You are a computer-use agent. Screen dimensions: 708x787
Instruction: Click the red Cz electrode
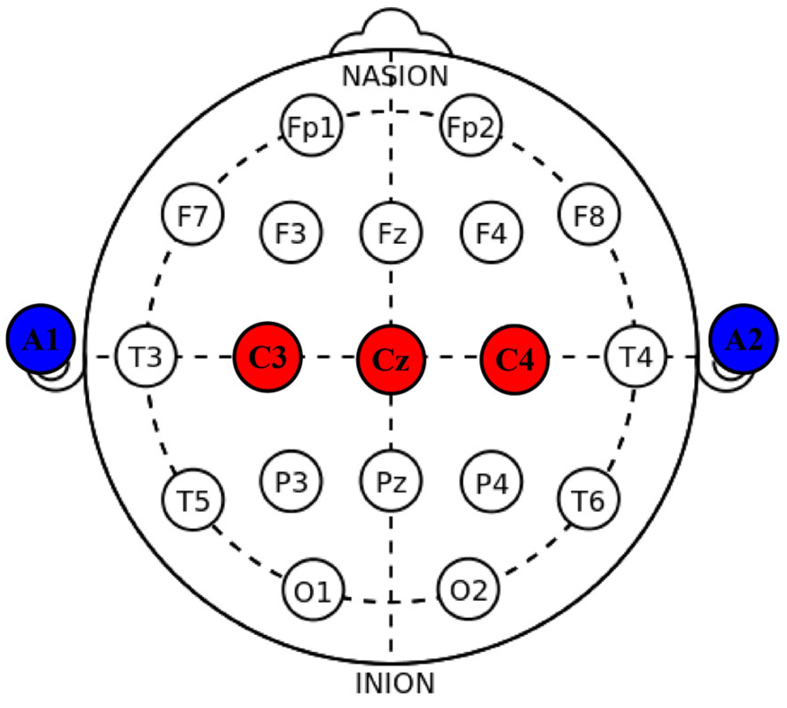(391, 359)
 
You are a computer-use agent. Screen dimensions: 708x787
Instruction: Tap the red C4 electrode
(515, 359)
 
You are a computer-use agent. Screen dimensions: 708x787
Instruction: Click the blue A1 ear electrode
(41, 339)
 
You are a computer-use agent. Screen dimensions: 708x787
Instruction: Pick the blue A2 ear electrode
(743, 339)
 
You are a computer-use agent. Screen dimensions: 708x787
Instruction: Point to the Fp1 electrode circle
(312, 126)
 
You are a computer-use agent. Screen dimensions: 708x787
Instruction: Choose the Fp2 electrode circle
(471, 126)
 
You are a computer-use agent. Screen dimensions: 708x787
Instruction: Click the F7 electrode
(193, 215)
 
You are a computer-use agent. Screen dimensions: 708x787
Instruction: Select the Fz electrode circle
(391, 233)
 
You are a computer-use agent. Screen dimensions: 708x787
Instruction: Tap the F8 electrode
(589, 215)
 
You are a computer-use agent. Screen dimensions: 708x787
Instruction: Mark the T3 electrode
(146, 356)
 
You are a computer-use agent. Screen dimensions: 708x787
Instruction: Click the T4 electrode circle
(636, 356)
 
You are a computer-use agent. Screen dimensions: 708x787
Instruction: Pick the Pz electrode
(391, 481)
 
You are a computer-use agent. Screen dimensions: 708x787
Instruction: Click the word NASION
(395, 76)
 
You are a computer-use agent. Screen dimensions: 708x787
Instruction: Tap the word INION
(395, 683)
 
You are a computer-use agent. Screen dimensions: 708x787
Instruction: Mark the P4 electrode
(492, 482)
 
